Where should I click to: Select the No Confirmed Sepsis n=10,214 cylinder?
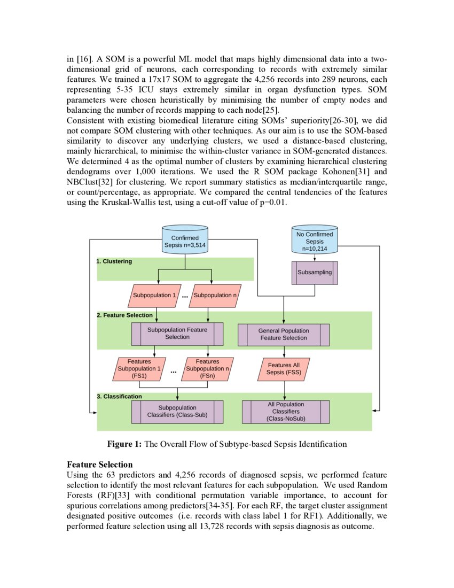coord(315,241)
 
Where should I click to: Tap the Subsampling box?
coord(315,272)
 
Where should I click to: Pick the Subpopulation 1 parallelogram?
coord(154,295)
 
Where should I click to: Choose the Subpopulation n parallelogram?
coord(212,295)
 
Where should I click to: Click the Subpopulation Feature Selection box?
coord(177,334)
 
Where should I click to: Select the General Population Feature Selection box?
coord(284,335)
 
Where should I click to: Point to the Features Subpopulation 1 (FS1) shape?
coord(139,369)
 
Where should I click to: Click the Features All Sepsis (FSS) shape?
coord(284,369)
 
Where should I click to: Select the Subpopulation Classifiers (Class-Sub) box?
coord(177,411)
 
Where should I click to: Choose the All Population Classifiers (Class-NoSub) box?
coord(284,412)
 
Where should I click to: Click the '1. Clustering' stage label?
coord(114,261)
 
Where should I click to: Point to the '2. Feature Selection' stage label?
coord(124,315)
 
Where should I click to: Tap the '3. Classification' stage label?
coord(120,397)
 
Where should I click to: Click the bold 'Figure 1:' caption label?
coord(124,444)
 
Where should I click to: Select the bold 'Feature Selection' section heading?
coord(99,465)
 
